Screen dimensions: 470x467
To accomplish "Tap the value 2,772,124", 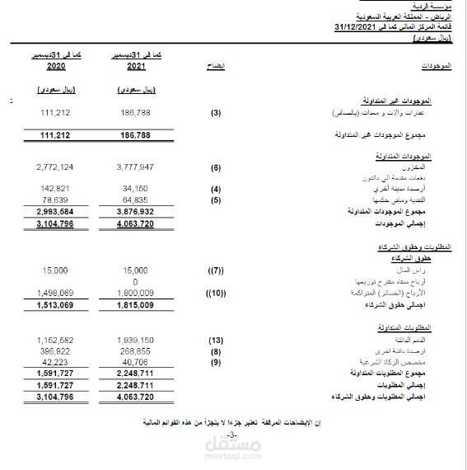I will point(55,167).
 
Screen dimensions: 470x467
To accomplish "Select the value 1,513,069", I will point(55,304).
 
